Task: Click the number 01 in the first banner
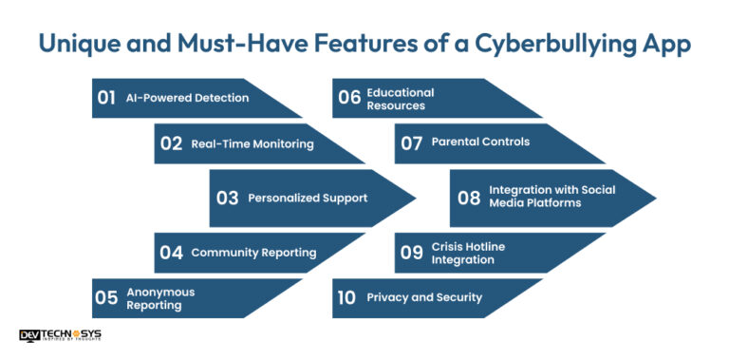(107, 98)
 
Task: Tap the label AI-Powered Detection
(187, 98)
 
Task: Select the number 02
(171, 144)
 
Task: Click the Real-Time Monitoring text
(252, 144)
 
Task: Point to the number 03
(227, 199)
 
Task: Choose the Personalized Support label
(307, 199)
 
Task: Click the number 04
(171, 253)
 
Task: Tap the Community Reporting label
(253, 253)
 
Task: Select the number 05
(106, 298)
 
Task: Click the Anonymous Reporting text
(160, 298)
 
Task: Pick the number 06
(349, 98)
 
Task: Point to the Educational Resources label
(401, 99)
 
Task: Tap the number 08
(469, 198)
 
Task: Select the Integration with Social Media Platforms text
(551, 196)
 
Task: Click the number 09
(411, 253)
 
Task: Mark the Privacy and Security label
(424, 297)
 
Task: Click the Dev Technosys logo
(60, 335)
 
